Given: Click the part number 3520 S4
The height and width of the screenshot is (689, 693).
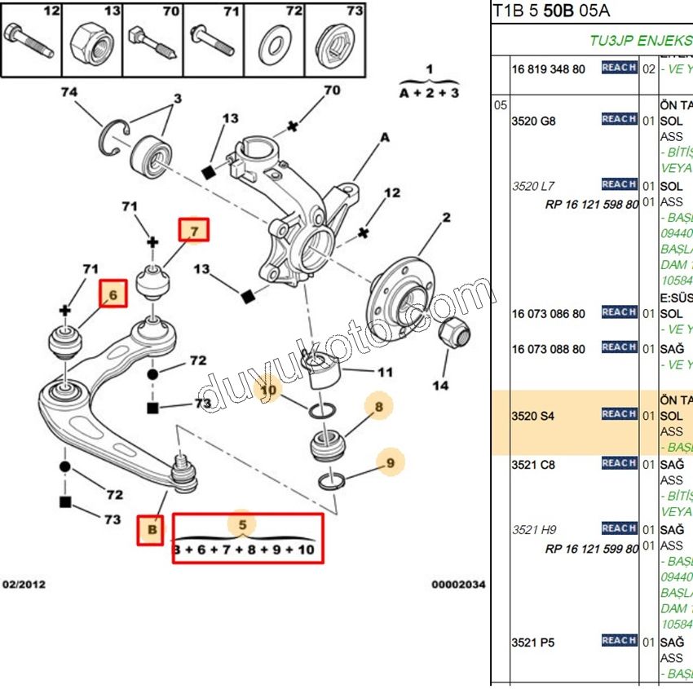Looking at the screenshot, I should pos(532,416).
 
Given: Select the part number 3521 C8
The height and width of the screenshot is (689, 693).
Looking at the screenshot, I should pos(532,465).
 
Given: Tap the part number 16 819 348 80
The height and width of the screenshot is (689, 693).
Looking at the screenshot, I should pos(549,69).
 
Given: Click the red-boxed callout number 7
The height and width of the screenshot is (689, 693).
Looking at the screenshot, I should pos(194,231).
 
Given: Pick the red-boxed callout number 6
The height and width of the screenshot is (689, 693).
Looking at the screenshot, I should pos(113,294).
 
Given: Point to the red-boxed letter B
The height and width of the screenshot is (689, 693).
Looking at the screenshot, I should pos(151,532).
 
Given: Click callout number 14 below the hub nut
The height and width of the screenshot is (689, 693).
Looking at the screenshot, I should pos(440,384).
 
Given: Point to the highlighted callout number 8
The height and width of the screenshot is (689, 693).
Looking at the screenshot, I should pos(378,405).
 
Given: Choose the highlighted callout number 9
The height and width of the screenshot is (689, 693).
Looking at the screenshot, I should pos(391,463).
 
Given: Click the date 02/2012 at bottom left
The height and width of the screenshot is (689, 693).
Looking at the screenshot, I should pos(24,584).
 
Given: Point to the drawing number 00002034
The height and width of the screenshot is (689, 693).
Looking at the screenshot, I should pos(458,584).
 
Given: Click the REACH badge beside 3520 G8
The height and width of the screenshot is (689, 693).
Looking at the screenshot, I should pos(619,119).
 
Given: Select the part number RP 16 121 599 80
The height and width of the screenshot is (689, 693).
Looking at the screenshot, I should pos(592,549).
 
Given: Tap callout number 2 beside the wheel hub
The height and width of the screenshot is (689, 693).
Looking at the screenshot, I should pos(446,218).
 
